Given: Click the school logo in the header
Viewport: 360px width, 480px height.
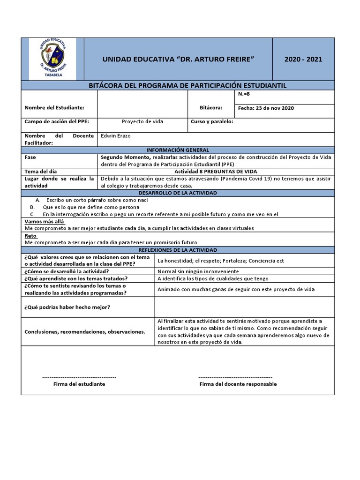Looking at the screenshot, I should coord(52,59).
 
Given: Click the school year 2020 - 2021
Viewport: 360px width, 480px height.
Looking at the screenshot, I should coord(303,59).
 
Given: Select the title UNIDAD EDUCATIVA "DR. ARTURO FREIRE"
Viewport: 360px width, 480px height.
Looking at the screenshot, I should coord(178,59).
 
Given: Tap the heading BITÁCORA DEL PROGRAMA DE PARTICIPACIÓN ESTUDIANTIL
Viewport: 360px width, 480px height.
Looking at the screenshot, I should coord(187,85).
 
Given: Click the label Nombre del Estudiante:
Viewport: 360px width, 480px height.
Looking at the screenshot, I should coord(54,108).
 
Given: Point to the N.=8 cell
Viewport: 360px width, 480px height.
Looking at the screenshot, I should coord(245,94).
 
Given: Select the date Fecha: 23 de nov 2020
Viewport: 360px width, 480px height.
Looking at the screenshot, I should coord(266,108).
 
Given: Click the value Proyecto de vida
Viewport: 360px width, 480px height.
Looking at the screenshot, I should coord(142,121).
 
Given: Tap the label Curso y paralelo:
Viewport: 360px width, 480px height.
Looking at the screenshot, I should coord(212,121).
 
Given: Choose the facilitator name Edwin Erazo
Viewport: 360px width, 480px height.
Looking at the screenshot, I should coord(116,135).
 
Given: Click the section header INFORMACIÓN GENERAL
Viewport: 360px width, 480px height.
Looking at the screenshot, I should coord(178,150).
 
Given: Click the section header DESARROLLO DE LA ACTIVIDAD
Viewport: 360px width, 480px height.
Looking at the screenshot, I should coord(178,193).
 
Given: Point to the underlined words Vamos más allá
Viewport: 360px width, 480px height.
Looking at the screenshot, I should coord(44,221).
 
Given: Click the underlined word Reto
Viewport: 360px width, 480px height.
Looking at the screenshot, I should coord(30,236).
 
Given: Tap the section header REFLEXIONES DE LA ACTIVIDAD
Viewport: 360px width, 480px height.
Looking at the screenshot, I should coord(178,250).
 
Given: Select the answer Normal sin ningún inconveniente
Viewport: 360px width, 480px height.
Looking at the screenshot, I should coord(198,271).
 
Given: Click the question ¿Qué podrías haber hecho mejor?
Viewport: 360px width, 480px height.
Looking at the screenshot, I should coord(67,307).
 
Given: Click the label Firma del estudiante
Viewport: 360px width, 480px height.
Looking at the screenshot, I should coord(79,384).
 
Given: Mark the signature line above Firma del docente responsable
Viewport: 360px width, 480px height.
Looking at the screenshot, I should coord(235,377).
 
